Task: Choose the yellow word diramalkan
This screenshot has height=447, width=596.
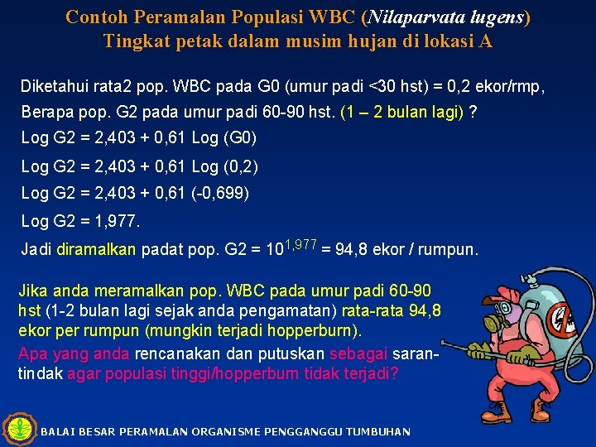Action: tap(96, 249)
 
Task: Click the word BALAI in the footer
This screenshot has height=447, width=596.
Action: tap(56, 432)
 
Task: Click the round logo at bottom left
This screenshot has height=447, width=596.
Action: tap(18, 429)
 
